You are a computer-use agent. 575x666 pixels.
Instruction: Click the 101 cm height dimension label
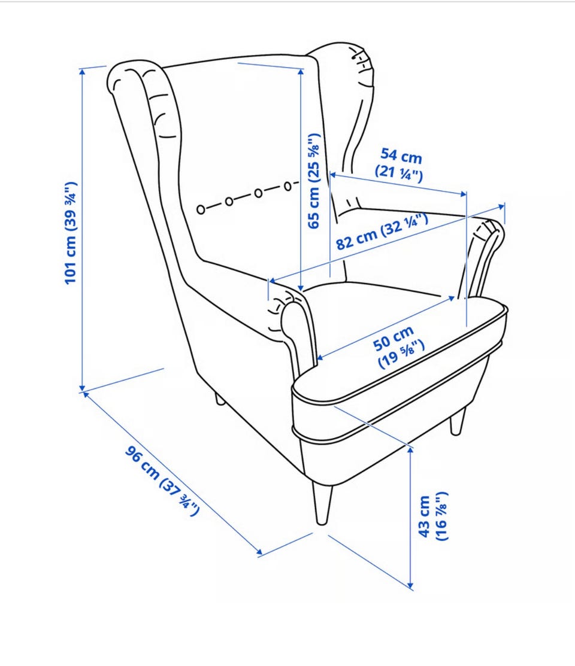tap(71, 233)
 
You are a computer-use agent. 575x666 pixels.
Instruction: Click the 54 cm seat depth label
tap(400, 165)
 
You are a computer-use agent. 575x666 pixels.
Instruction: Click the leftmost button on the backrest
tap(201, 209)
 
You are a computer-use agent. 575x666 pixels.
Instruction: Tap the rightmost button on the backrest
tap(288, 186)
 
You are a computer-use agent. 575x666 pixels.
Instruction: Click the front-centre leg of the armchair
tap(322, 503)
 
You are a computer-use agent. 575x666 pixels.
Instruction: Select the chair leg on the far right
tap(458, 421)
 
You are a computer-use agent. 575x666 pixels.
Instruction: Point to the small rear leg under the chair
tap(219, 399)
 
